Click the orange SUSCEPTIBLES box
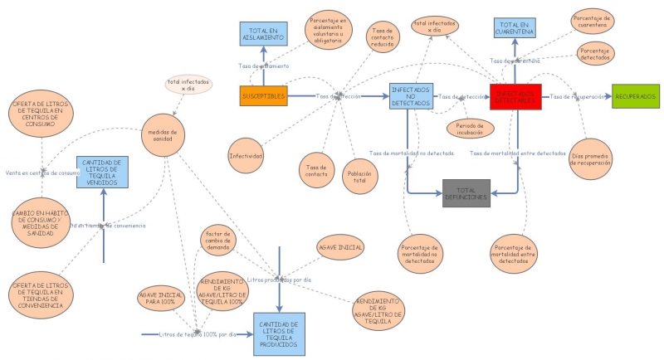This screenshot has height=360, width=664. click(x=263, y=96)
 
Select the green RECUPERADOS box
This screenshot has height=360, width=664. click(x=636, y=96)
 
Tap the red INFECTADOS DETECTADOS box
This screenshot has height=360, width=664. click(x=515, y=96)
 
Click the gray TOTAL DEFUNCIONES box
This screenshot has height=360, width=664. click(x=466, y=193)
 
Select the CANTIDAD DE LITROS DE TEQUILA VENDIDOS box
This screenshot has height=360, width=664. click(x=102, y=172)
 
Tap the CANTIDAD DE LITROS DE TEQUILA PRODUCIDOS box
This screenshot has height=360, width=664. click(x=279, y=334)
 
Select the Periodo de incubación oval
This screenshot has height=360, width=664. click(x=470, y=128)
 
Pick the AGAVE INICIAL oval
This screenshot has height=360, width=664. click(x=340, y=248)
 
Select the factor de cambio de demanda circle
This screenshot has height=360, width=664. click(x=221, y=242)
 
